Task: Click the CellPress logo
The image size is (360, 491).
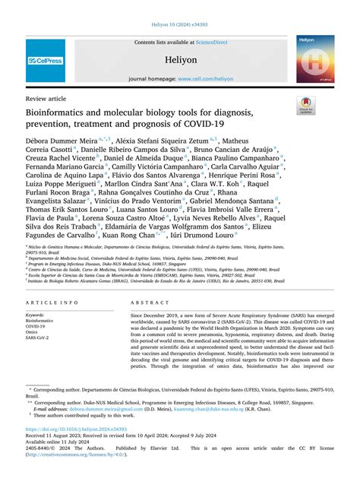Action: (45, 59)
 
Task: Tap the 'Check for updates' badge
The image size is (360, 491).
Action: (306, 104)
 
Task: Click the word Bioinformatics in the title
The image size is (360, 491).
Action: (58, 113)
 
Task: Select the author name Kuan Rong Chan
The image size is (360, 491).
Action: (137, 236)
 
